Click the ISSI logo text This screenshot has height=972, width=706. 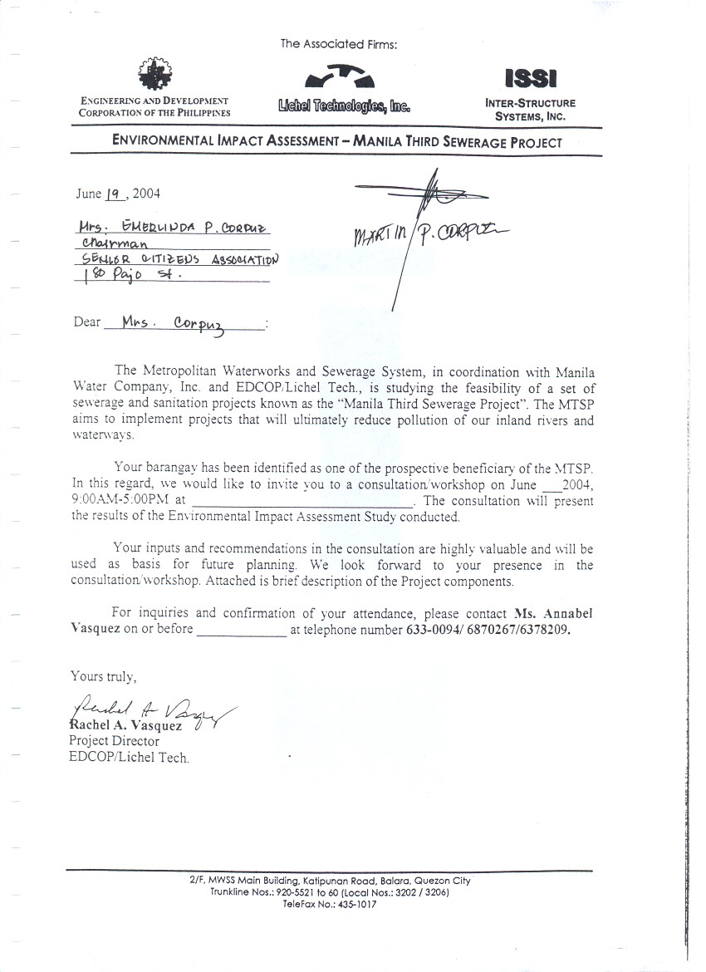[530, 79]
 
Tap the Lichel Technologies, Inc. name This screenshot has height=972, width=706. [345, 106]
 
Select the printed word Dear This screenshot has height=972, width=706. [86, 322]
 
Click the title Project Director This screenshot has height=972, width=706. [114, 741]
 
